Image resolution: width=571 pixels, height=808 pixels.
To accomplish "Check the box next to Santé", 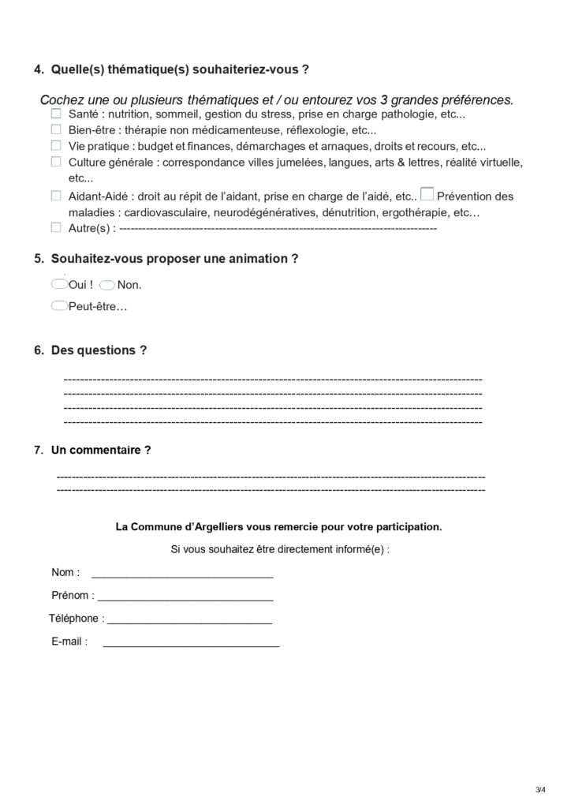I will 56,114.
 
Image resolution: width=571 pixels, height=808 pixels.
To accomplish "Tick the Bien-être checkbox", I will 56,130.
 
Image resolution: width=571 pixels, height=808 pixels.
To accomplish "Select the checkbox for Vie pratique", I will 56,146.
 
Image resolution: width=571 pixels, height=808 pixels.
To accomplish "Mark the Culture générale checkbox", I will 56,162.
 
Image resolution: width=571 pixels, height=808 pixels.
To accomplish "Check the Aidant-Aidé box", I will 56,196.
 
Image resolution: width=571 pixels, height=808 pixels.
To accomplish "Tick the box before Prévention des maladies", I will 427,193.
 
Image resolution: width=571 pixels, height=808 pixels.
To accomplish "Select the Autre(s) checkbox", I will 56,228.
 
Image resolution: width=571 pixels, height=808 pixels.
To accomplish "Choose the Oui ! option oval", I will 58,283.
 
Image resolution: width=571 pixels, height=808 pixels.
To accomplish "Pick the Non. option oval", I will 107,284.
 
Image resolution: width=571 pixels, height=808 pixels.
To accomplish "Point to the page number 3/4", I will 539,790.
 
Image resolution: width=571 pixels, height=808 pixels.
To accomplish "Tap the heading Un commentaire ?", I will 100,451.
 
